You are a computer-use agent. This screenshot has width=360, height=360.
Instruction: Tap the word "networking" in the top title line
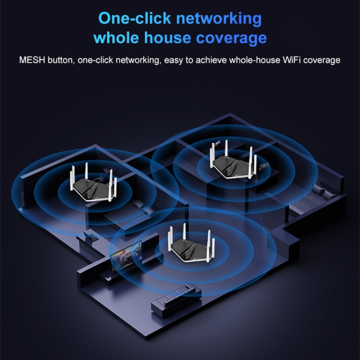tap(218, 19)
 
